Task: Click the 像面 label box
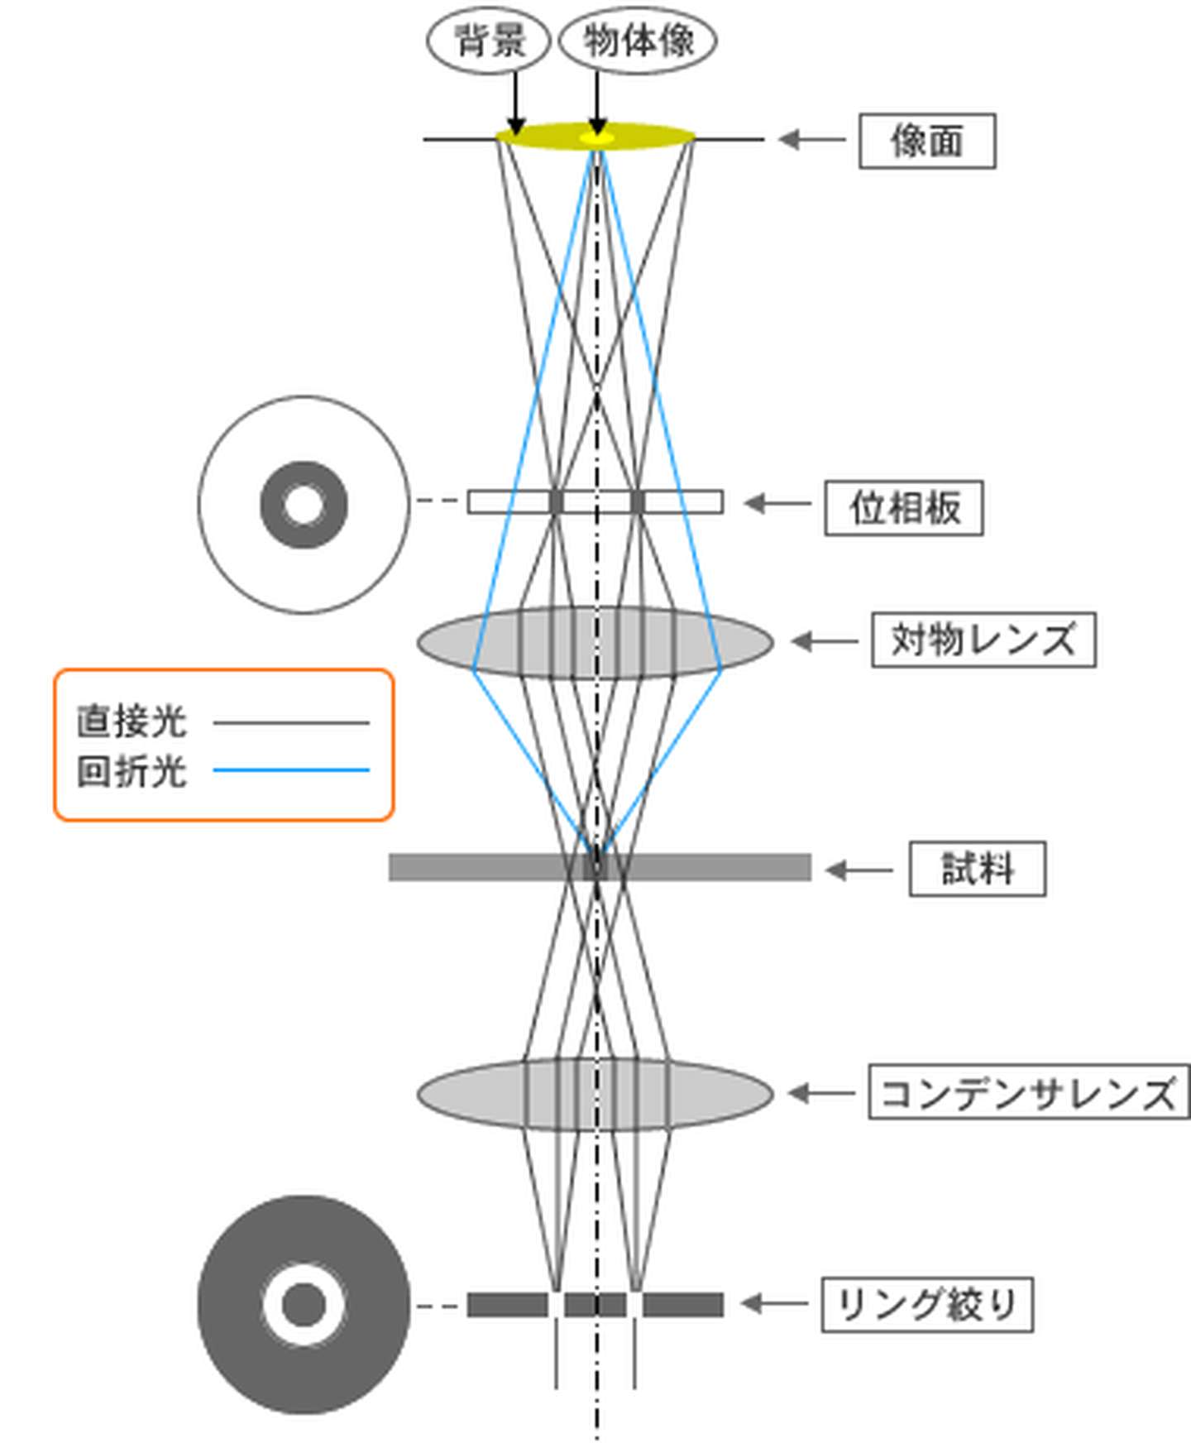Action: pos(926,141)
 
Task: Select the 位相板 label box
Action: pos(903,507)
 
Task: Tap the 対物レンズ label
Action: pos(983,640)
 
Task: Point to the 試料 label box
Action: pos(977,869)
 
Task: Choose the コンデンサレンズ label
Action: pos(1028,1093)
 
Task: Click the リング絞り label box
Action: pos(926,1305)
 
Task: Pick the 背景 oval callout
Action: pos(489,41)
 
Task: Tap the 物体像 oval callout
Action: pos(638,41)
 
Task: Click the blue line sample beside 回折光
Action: pos(291,770)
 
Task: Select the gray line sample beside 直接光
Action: pos(291,722)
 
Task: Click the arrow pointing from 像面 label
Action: pos(811,140)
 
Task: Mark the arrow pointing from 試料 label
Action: pos(859,870)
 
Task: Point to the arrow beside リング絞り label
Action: pos(773,1304)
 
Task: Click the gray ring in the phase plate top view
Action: pos(274,505)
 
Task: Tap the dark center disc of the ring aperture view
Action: pos(304,1304)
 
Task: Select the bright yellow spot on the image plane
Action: pos(596,137)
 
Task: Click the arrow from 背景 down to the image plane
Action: pos(515,103)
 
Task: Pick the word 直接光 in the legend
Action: pos(132,721)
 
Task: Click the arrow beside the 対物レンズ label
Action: pos(824,640)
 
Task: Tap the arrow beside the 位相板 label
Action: pos(777,503)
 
